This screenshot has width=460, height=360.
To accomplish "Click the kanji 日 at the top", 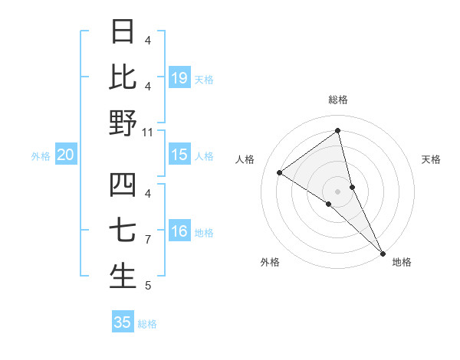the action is [123, 31].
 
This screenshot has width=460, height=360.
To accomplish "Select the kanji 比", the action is [123, 77].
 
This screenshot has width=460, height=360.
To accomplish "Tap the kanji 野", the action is [123, 123].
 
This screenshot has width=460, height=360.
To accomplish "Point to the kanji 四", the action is [123, 185].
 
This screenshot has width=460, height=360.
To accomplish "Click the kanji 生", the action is [123, 277].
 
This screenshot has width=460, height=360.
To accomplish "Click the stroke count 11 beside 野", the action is [148, 132].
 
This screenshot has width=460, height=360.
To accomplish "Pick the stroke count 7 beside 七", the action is [147, 240].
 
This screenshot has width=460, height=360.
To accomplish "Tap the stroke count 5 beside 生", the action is [147, 286].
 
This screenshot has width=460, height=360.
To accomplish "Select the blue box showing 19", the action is [179, 77].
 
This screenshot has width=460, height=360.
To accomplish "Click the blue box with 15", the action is [179, 155].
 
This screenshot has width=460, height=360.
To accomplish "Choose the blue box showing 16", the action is [179, 231].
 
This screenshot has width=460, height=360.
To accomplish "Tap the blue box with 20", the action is [65, 155].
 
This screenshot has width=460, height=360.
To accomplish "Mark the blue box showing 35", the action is [123, 322].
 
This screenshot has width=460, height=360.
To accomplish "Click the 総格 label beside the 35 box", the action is [147, 324].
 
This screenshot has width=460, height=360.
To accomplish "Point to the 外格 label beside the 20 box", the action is [41, 156].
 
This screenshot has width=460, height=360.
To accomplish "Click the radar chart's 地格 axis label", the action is [402, 262].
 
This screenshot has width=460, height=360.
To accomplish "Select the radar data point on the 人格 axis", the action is [280, 172].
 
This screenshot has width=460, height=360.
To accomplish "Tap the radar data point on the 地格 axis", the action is [383, 253].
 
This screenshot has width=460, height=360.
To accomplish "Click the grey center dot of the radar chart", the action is [337, 191].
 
